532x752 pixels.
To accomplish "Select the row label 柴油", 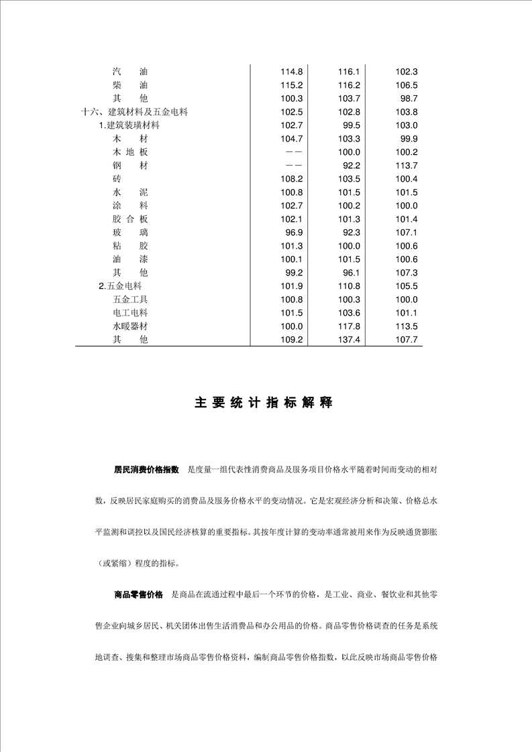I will (130, 85).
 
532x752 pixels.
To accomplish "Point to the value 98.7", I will (409, 99).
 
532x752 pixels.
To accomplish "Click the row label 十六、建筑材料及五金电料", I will (134, 112).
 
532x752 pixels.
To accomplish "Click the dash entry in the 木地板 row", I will (292, 152).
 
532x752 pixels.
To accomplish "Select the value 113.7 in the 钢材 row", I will (407, 166).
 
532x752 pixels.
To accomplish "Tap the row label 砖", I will (117, 179).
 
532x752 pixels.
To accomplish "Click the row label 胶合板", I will (130, 219).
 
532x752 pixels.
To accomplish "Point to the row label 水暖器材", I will (130, 326).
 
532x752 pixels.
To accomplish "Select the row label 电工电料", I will (130, 313).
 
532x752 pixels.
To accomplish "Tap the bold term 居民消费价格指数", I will (146, 470).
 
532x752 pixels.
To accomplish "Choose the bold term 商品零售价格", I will (138, 594).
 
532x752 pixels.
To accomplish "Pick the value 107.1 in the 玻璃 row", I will (407, 233).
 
